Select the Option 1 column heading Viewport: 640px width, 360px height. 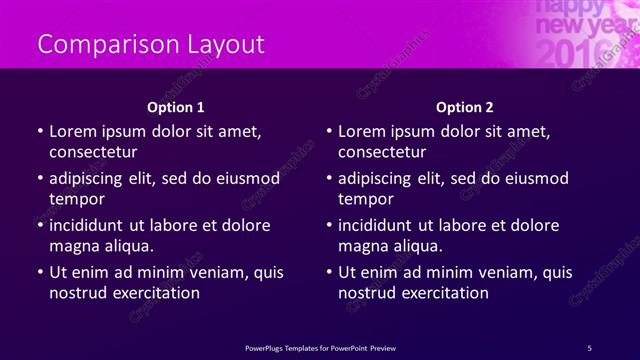pyautogui.click(x=176, y=107)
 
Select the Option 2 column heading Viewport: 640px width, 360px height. pyautogui.click(x=465, y=107)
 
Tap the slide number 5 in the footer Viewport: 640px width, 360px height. pyautogui.click(x=589, y=347)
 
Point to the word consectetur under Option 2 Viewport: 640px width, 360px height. pyautogui.click(x=381, y=152)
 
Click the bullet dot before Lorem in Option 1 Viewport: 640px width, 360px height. pyautogui.click(x=39, y=132)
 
